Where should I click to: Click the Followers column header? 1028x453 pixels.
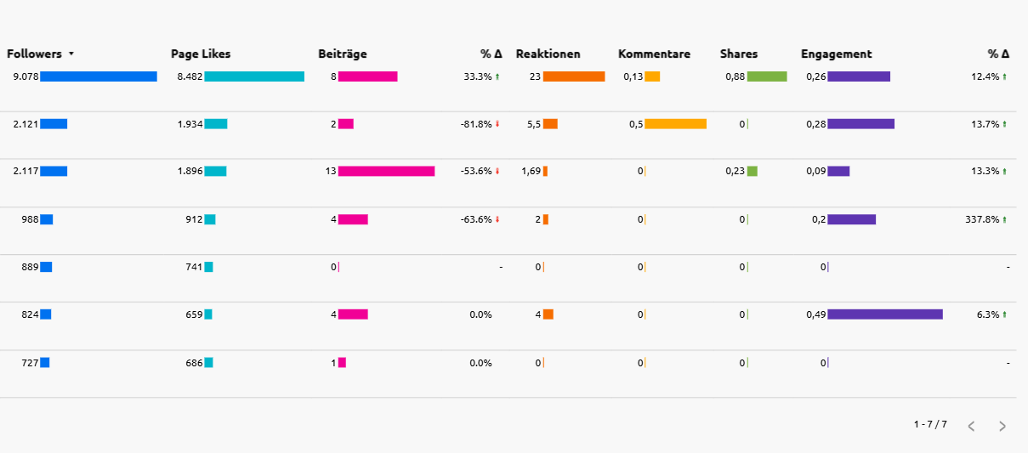34,54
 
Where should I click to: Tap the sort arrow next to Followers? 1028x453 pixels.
71,54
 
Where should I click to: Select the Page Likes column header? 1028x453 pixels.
200,54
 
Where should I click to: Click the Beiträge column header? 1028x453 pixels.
342,54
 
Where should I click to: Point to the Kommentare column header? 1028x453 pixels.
654,54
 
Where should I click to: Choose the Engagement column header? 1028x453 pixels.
836,54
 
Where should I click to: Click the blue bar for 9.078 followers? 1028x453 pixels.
99,76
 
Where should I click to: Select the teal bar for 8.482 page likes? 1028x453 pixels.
254,76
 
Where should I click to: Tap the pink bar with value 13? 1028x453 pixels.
386,171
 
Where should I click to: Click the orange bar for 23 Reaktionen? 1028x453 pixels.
574,76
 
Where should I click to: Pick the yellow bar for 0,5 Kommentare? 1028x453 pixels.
675,124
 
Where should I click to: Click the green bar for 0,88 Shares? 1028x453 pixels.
767,76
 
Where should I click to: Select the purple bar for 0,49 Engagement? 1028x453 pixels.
884,314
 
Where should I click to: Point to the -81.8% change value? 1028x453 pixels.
476,124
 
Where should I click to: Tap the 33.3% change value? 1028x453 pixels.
478,76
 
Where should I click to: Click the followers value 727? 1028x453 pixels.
30,363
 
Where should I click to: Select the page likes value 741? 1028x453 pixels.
194,267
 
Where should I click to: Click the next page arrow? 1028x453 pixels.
1002,426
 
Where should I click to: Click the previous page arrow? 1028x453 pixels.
971,426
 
